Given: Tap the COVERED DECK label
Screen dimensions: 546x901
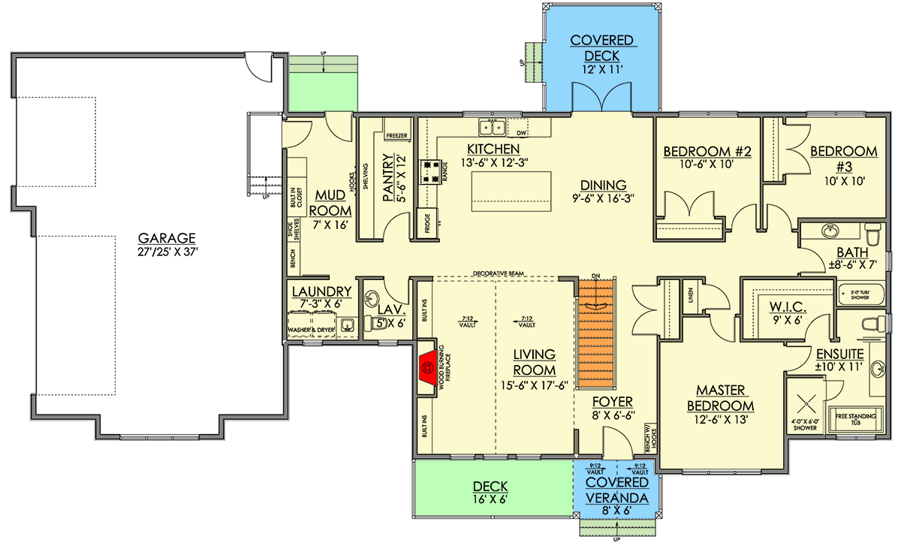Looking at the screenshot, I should point(602,48).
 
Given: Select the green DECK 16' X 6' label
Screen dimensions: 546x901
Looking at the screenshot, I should point(491,493).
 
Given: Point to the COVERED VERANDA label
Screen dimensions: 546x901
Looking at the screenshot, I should point(618,490).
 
